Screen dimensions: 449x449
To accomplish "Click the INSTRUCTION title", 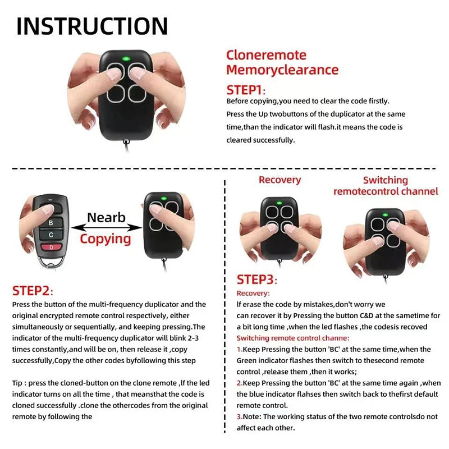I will [92, 26].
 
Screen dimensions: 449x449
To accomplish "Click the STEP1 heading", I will [245, 90].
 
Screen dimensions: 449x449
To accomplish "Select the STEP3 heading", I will [256, 280].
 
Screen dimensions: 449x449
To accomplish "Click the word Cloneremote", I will [266, 55].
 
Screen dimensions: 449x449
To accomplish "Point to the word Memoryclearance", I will [282, 70].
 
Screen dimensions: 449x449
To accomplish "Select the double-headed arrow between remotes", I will [106, 227].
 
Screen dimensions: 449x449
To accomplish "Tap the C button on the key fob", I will [51, 235].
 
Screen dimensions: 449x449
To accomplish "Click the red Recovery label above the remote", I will [280, 180].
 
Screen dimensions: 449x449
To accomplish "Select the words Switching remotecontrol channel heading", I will [385, 186].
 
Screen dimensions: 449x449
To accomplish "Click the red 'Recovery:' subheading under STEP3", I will [253, 293].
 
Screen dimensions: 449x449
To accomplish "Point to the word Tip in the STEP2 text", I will [17, 383].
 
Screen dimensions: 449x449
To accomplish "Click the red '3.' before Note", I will [240, 416].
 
